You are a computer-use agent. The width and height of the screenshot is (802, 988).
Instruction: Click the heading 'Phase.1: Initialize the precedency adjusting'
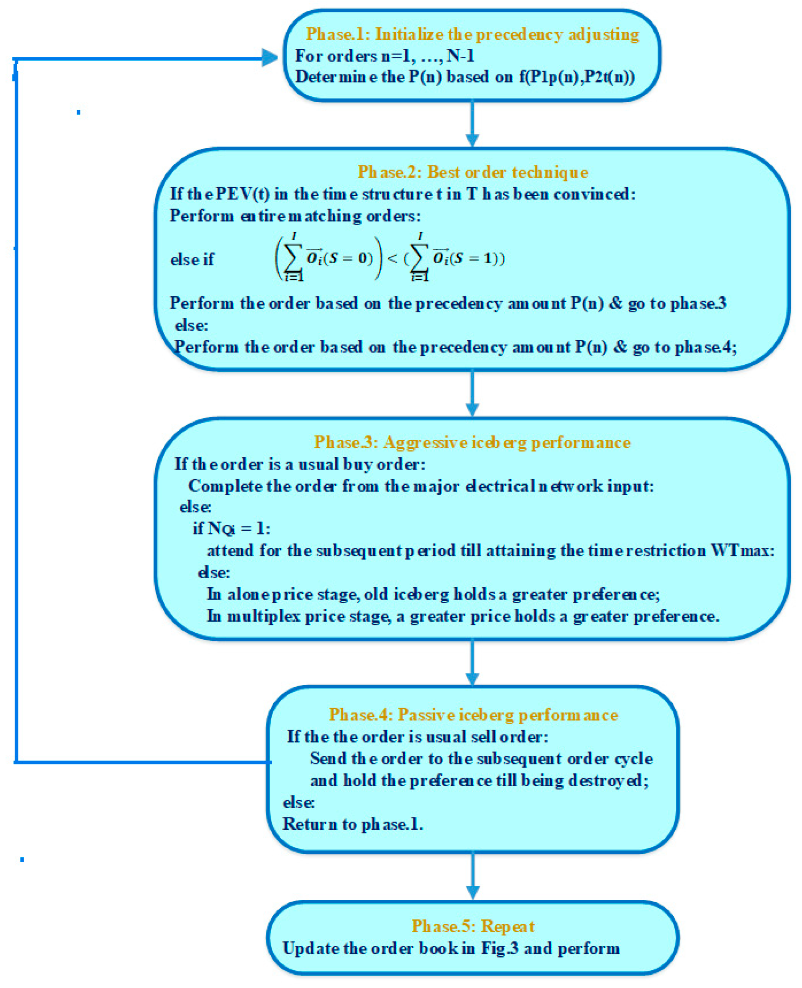tap(472, 34)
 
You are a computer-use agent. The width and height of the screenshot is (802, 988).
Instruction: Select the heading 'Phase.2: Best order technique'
tap(472, 172)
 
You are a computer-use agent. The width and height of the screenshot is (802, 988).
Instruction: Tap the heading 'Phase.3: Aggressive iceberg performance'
tap(472, 442)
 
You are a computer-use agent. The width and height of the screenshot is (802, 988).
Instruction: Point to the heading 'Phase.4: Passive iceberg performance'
tap(473, 715)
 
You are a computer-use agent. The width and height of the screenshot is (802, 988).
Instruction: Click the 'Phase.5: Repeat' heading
tap(472, 926)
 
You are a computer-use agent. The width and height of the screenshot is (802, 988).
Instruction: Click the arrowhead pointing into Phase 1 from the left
tap(270, 58)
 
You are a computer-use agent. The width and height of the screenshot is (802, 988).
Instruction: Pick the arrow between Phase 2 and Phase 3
tap(472, 393)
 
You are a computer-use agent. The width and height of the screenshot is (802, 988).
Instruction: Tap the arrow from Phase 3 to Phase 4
tap(472, 663)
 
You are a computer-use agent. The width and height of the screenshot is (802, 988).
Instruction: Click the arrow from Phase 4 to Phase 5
tap(472, 877)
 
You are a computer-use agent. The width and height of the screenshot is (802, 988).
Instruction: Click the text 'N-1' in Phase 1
tap(460, 56)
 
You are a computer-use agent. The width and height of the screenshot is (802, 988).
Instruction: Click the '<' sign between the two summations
tap(392, 258)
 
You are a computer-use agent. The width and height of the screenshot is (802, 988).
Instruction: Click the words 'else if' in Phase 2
tap(192, 259)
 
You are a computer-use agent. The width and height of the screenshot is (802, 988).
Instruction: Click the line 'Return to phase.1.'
tap(352, 824)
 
